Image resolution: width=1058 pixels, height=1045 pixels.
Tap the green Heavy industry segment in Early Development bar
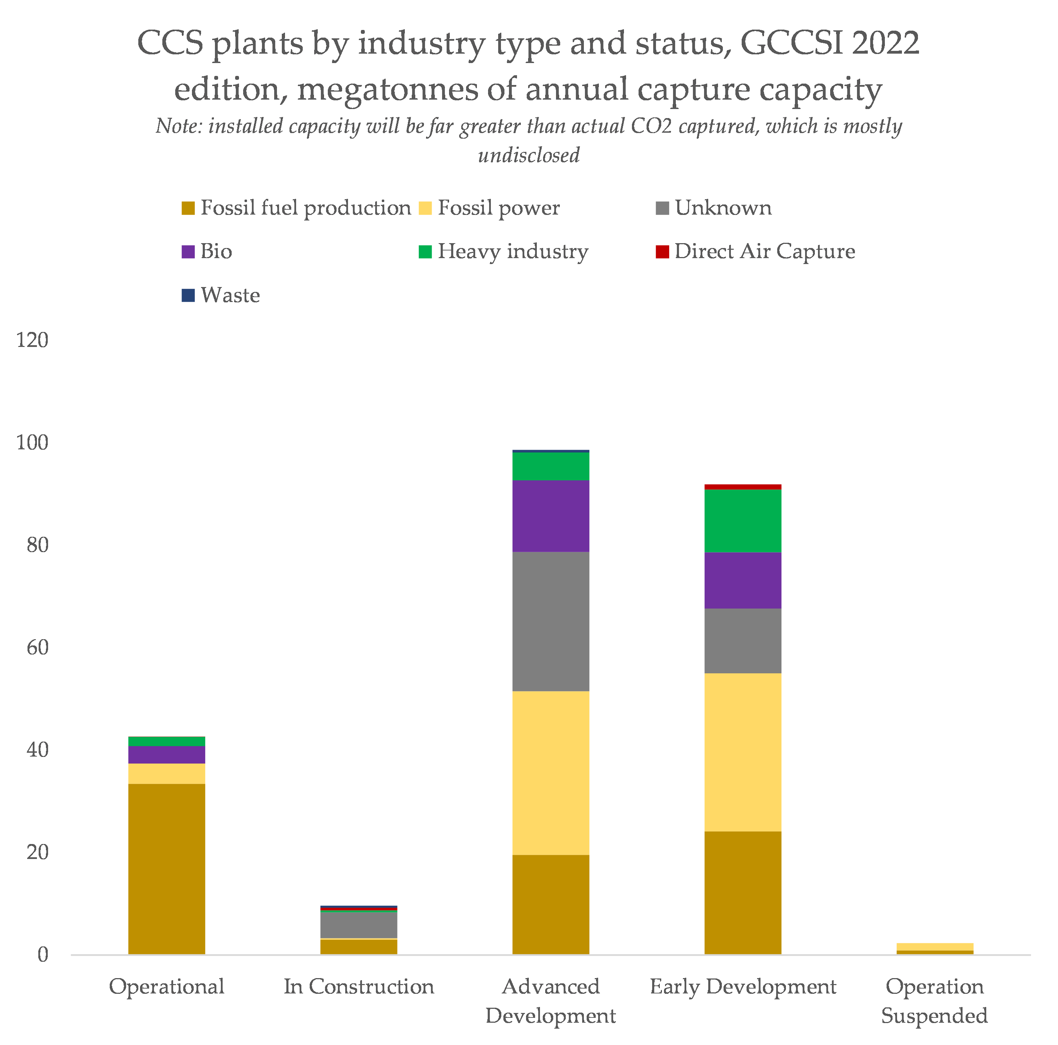click(x=743, y=520)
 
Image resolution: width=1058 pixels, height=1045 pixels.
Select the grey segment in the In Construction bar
click(x=359, y=924)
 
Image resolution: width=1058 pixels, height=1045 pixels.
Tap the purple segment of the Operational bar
click(x=167, y=755)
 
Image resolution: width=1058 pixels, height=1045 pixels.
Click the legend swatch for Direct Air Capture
click(x=662, y=252)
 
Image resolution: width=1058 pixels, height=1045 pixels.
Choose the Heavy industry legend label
click(x=512, y=252)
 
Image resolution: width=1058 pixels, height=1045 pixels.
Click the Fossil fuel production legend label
click(x=305, y=208)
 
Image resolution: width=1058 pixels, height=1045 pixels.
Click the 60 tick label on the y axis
click(x=37, y=648)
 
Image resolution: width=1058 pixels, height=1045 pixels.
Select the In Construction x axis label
click(x=359, y=986)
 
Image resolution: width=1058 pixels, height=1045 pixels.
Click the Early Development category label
click(x=743, y=986)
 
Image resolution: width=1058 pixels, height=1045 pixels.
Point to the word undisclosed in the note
click(x=528, y=156)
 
